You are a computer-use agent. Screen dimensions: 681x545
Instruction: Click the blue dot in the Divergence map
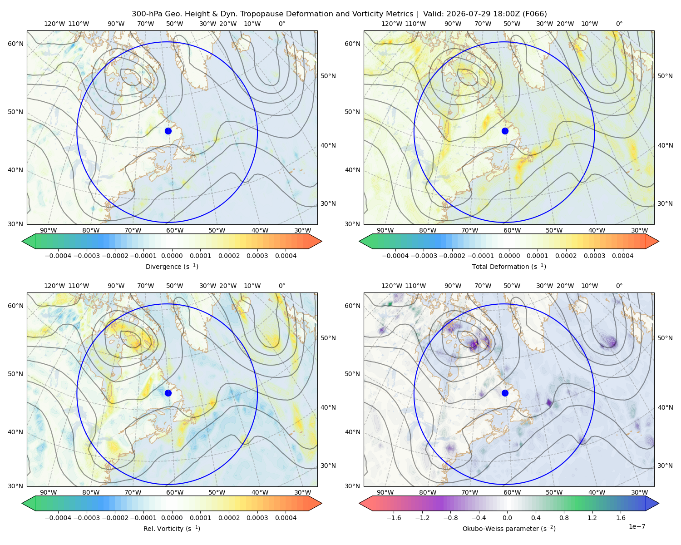[x=168, y=131]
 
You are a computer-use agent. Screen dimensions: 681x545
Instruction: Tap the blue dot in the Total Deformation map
[x=505, y=131]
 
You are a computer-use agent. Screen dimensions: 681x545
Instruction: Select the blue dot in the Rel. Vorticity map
[x=168, y=393]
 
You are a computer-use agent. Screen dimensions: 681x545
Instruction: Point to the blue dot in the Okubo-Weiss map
[x=505, y=393]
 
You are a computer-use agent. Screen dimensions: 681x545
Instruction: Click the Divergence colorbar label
[x=172, y=266]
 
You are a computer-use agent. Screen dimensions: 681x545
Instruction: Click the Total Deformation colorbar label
[x=509, y=266]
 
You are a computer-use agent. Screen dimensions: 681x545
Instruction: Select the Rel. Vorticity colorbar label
[x=172, y=528]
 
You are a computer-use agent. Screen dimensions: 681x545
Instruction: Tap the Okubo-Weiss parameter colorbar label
[x=509, y=528]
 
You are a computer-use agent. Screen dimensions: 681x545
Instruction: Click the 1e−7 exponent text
[x=637, y=526]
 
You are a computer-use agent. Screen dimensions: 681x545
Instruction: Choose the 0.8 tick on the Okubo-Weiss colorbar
[x=563, y=517]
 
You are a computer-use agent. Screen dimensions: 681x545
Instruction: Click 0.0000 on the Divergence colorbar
[x=172, y=256]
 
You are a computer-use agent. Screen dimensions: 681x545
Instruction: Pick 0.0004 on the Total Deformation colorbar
[x=622, y=256]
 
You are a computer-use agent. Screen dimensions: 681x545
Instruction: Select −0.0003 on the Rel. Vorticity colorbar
[x=86, y=517]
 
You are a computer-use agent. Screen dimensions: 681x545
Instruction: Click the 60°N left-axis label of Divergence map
[x=15, y=44]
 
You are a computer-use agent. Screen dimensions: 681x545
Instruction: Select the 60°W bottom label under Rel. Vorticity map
[x=175, y=492]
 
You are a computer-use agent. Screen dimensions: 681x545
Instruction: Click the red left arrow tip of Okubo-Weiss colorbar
[x=360, y=503]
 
